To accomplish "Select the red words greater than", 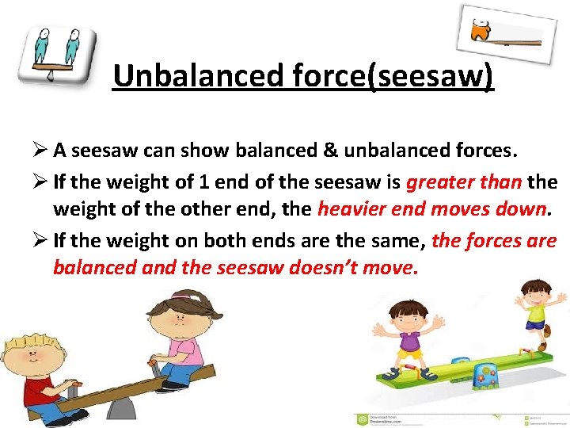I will point(463,182).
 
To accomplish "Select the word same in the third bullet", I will point(395,239).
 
